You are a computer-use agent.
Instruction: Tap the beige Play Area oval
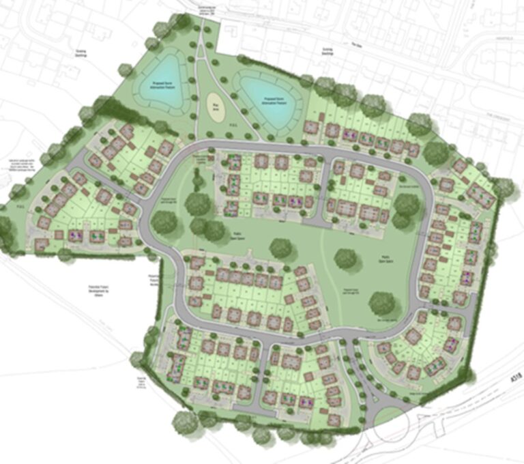(x=215, y=108)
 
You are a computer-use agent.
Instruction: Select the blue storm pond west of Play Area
(x=166, y=83)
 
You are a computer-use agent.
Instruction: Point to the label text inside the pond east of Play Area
(x=271, y=100)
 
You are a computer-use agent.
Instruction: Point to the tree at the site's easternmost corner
(x=504, y=187)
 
